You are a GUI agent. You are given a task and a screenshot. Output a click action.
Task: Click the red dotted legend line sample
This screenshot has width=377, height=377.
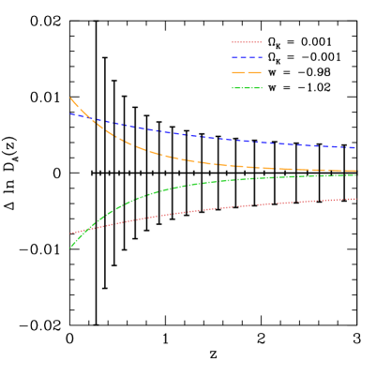pos(247,42)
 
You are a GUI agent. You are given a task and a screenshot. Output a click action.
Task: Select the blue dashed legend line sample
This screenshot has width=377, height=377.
pos(247,58)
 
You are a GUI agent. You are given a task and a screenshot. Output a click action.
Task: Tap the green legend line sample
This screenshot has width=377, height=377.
pos(247,89)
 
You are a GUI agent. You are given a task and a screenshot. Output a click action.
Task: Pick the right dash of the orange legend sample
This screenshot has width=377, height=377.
pos(256,73)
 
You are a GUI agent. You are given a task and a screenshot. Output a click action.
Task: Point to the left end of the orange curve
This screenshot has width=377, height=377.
pos(70,98)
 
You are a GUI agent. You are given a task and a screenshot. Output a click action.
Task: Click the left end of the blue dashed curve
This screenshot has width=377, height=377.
pos(70,113)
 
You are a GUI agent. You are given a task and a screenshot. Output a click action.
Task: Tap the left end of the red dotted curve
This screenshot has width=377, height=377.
pos(70,234)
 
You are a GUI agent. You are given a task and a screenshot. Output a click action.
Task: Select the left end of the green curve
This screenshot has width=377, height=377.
pos(70,248)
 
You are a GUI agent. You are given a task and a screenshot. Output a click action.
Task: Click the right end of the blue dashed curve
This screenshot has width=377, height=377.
pos(356,148)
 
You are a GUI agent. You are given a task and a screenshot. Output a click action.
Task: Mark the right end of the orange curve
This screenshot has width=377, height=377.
pos(356,171)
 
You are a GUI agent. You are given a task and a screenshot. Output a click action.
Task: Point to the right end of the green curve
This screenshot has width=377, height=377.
pos(356,175)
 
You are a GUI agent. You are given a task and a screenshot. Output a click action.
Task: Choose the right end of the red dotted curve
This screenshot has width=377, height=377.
pos(356,199)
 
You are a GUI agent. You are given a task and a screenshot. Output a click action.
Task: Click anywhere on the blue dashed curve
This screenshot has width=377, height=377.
pos(216,139)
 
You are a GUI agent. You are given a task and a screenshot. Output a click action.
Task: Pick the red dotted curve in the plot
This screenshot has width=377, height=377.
pos(216,208)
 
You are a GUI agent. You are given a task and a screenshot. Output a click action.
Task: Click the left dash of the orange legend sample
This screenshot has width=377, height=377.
pos(238,73)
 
